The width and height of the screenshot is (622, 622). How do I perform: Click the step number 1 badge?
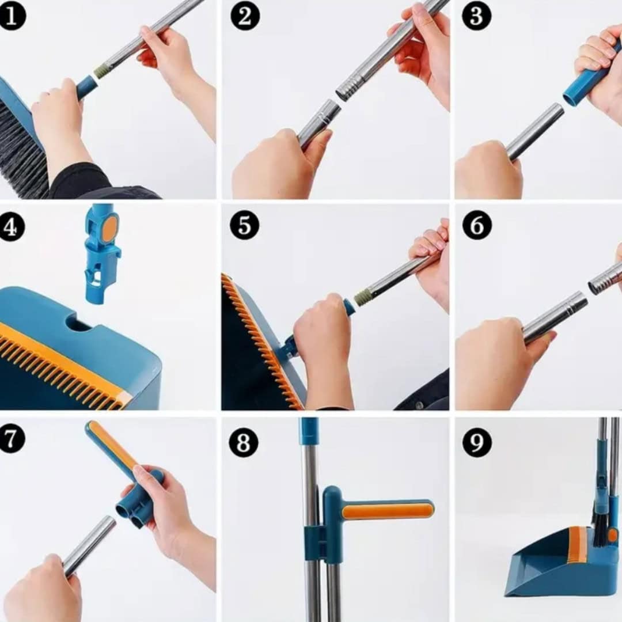click(12, 16)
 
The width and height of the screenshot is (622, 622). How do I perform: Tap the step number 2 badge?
click(244, 16)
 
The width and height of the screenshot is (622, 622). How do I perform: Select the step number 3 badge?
click(476, 16)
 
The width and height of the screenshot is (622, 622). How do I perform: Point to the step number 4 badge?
click(12, 227)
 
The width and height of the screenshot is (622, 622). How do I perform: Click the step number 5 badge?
click(244, 226)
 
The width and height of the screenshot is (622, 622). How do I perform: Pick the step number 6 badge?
click(476, 226)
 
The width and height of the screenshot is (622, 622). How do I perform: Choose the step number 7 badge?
click(11, 439)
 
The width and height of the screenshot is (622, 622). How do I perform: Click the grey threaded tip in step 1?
click(101, 71)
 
